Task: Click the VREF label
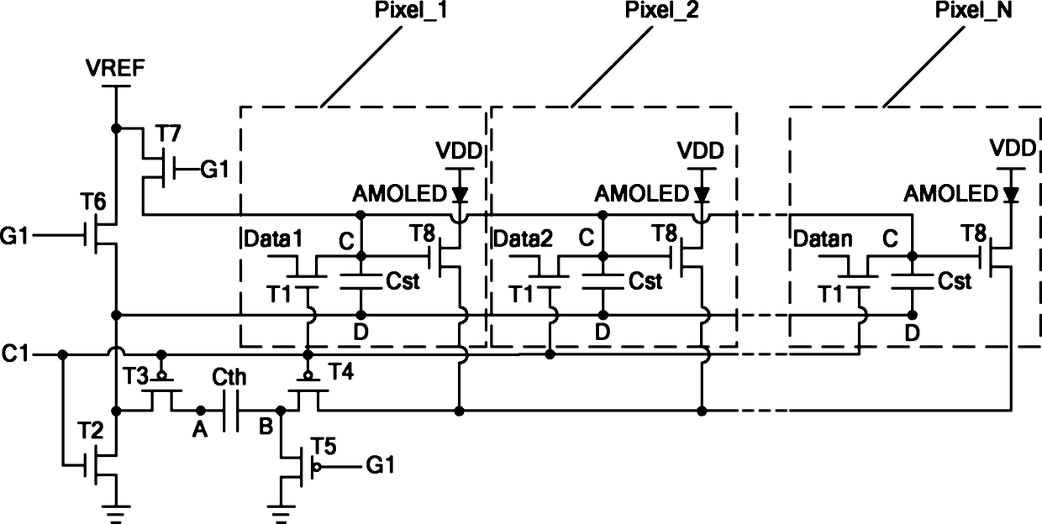coord(115,68)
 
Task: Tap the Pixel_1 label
coord(411,10)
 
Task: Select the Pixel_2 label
coord(661,10)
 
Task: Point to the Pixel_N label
coord(974,10)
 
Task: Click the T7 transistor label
coord(168,134)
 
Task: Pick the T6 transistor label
coord(93,202)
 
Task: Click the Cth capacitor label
coord(229,377)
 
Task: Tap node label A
coord(200,430)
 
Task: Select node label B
coord(266,427)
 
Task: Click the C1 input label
coord(15,354)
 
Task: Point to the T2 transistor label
coord(90,431)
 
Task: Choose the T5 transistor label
coord(324,447)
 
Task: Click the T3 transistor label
coord(136,376)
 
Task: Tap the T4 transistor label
coord(341,371)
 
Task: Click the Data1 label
coord(274,239)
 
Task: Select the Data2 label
coord(524,239)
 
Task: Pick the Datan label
coord(823,239)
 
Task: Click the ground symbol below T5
coord(281,514)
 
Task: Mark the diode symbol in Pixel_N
coord(1010,194)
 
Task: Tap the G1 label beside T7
coord(215,170)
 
